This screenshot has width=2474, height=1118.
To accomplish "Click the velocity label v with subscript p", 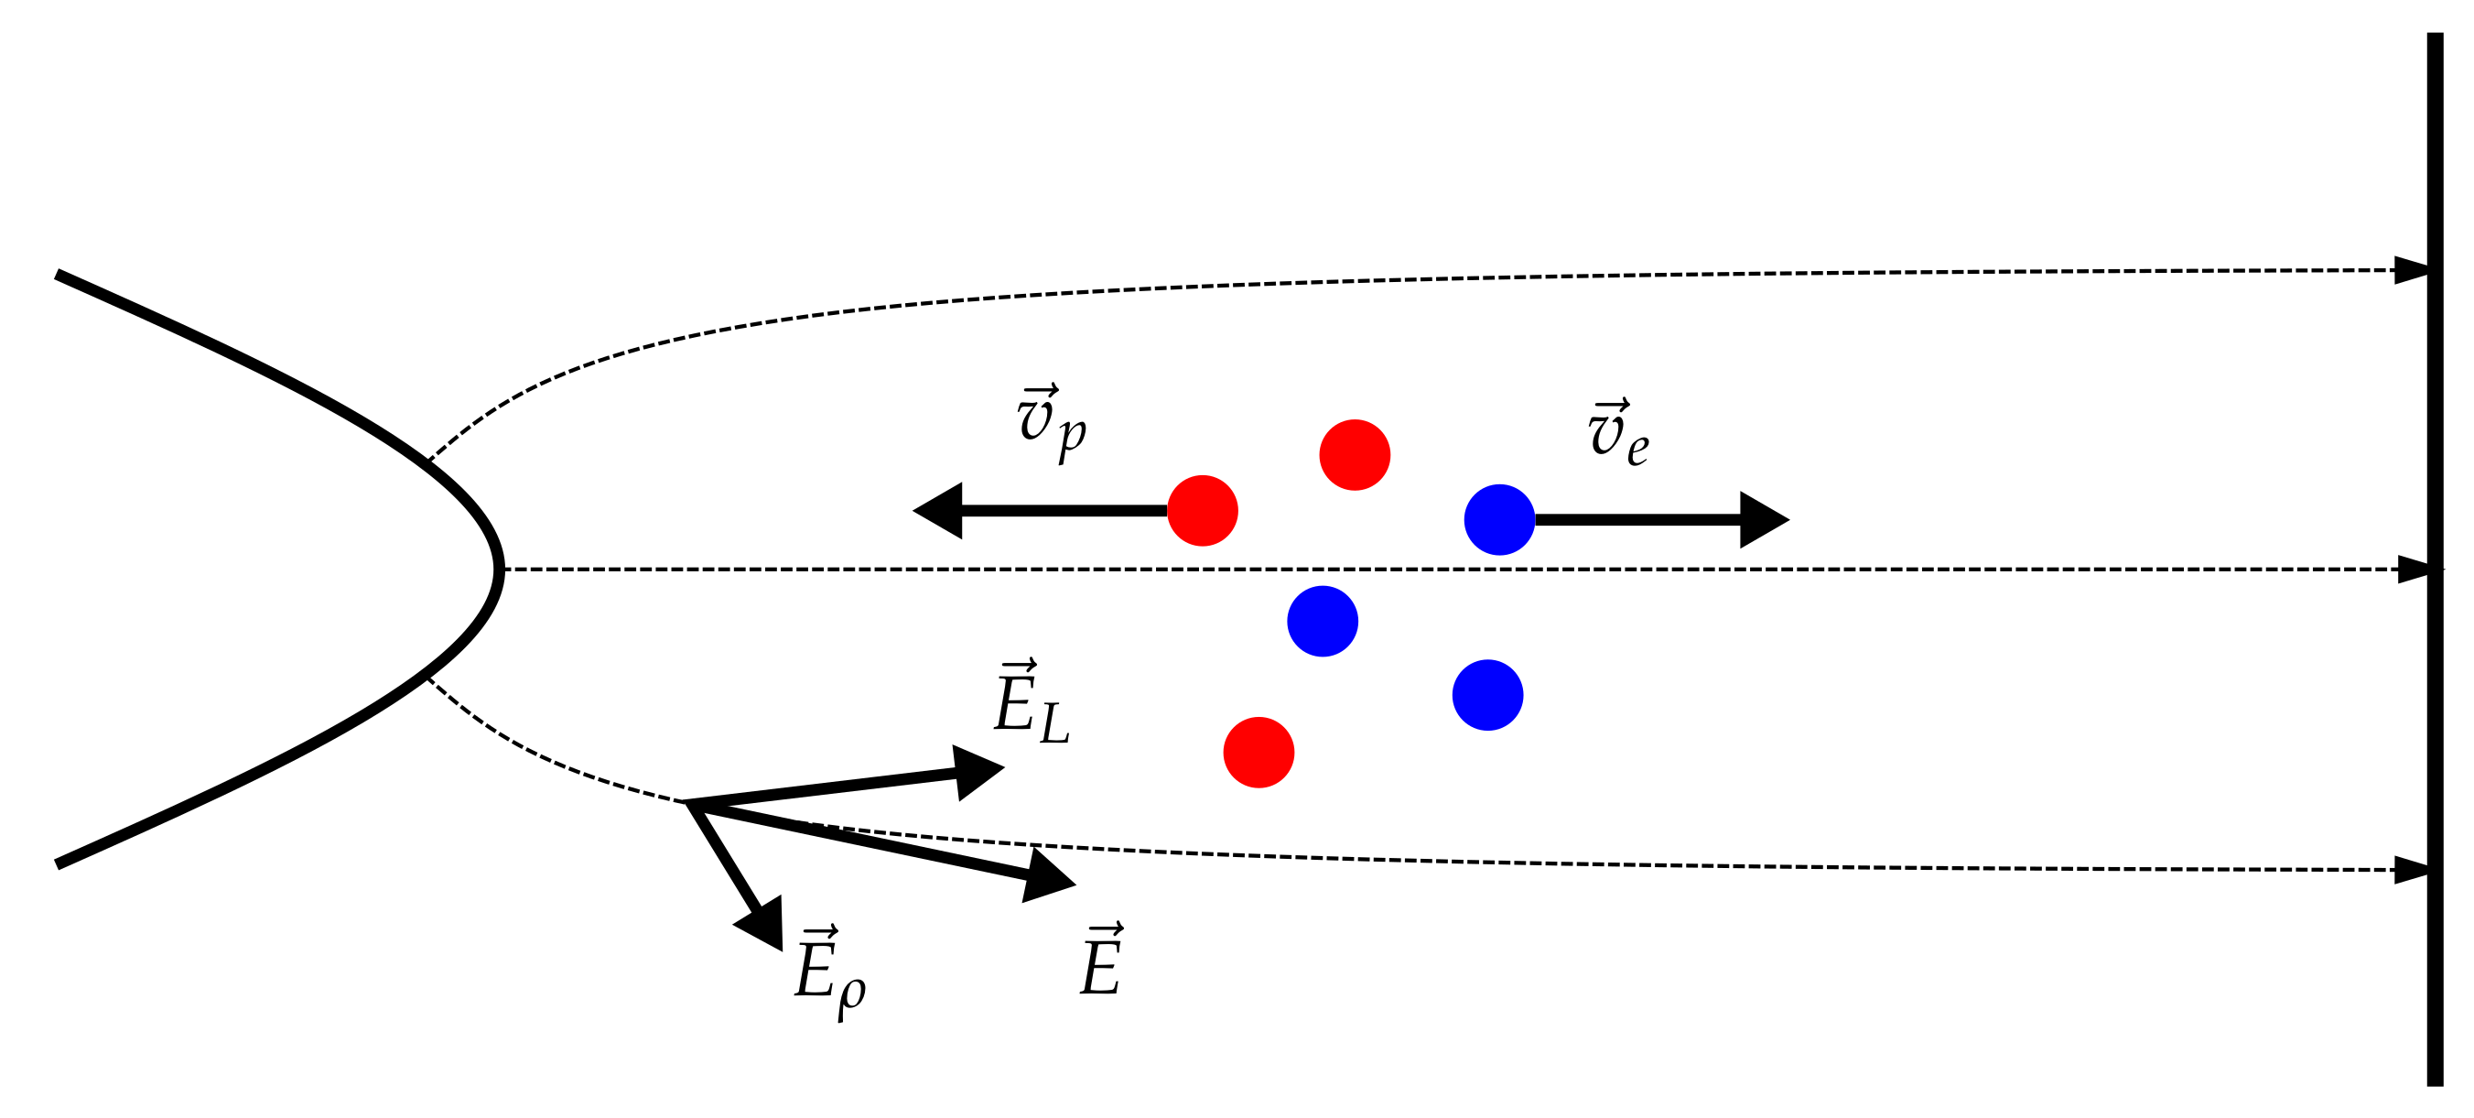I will tap(1052, 424).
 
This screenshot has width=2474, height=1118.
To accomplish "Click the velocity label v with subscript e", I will tap(1618, 434).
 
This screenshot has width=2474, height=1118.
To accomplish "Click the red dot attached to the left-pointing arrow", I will tap(1203, 511).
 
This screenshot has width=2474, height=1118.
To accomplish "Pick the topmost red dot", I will tap(1355, 455).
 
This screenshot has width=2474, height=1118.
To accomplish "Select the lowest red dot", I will tap(1259, 753).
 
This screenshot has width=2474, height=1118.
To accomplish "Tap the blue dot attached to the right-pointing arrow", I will tap(1499, 519).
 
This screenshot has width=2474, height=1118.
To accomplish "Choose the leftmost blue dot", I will tap(1323, 622).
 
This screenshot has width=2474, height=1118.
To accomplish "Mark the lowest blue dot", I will tap(1487, 695).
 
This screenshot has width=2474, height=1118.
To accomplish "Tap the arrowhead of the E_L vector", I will tap(978, 771).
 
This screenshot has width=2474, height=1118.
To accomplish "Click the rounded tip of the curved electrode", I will tap(498, 570).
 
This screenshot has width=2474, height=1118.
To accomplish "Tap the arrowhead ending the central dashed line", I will tap(2414, 570).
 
